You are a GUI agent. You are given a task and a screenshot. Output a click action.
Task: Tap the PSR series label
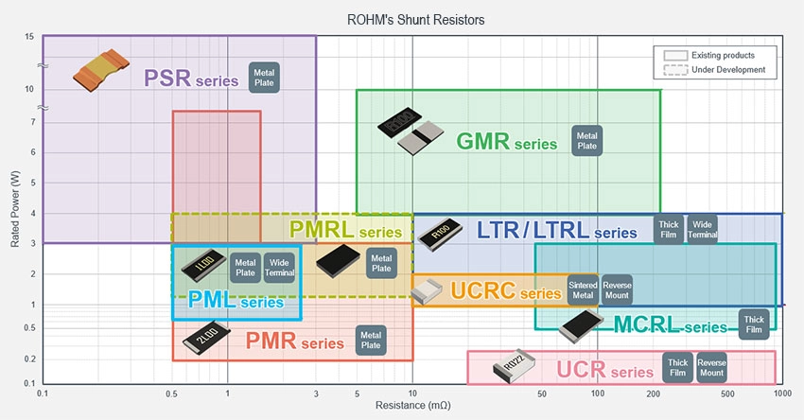coord(191,78)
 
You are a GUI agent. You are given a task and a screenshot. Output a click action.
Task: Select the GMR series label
coord(507,142)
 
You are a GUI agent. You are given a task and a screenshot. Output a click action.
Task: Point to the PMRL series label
coord(346,230)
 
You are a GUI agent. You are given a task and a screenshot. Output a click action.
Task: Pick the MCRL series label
coord(672,326)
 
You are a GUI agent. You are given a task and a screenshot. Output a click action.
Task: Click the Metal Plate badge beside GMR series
coord(586,140)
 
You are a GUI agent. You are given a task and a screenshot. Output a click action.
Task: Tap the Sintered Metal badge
coord(582,289)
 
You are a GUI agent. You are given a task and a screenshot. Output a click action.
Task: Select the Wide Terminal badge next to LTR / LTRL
coord(702,229)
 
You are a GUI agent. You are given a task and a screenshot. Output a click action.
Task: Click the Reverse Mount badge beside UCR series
coord(710,367)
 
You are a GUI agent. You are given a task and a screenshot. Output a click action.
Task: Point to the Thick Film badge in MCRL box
coord(754,324)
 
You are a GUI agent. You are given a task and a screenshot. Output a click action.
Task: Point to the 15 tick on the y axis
coord(30,37)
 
